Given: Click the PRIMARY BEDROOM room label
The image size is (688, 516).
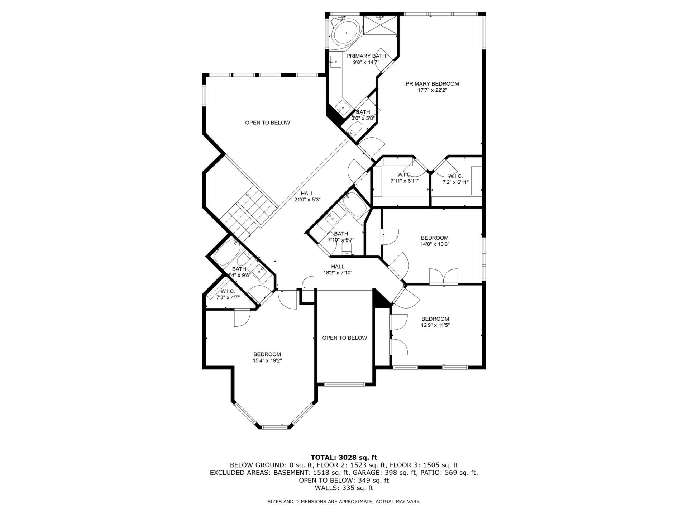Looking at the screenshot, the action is point(432,84).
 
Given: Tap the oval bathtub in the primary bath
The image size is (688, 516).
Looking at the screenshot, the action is point(346,33).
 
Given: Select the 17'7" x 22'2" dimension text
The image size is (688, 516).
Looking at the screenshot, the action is point(432,90).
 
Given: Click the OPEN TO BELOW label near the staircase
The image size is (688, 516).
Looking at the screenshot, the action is point(267,123).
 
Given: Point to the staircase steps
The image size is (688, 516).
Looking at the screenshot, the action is point(249,211).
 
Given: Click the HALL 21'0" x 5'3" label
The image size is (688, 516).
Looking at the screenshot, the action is point(307,197).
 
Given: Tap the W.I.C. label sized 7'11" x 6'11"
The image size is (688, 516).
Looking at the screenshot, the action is point(404,178).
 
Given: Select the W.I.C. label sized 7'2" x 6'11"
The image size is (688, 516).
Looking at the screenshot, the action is point(455,179).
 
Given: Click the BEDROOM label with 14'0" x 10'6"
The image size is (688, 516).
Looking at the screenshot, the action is point(435,241).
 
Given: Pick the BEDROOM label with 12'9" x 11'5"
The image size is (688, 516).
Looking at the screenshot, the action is point(435,322).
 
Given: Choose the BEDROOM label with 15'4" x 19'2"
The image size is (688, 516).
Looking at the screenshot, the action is point(267,358).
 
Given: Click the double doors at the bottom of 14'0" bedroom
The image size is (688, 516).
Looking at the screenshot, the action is point(444,277).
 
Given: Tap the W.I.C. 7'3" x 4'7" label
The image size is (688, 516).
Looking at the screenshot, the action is point(228,294).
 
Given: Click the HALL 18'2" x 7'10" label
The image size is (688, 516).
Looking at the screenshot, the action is point(338,269).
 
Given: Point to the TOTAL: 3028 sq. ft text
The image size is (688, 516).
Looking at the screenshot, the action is point(344,457).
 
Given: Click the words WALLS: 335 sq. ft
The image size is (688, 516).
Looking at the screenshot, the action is point(344,488).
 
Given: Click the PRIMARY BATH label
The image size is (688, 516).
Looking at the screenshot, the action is point(366,56).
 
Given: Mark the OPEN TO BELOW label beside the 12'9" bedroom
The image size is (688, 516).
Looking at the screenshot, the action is point(345,338).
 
